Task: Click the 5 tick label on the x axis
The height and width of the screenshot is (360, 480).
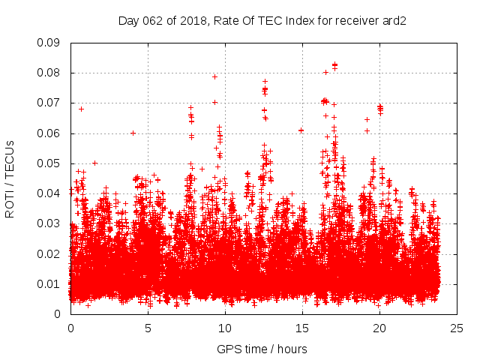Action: pyautogui.click(x=148, y=328)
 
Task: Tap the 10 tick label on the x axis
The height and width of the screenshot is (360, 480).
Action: pyautogui.click(x=225, y=328)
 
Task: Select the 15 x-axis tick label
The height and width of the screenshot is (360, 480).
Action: pyautogui.click(x=302, y=328)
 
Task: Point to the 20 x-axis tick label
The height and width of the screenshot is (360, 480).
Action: pyautogui.click(x=379, y=328)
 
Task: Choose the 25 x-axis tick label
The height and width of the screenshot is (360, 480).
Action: pyautogui.click(x=457, y=328)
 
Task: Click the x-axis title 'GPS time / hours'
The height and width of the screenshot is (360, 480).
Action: pyautogui.click(x=262, y=349)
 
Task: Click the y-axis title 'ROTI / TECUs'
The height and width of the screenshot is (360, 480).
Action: pyautogui.click(x=10, y=178)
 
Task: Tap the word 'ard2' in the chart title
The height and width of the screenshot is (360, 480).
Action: pyautogui.click(x=394, y=21)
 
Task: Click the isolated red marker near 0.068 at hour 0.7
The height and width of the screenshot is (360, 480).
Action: pyautogui.click(x=81, y=109)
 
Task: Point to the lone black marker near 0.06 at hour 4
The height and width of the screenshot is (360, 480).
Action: pyautogui.click(x=133, y=133)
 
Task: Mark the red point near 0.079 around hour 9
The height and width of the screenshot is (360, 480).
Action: pyautogui.click(x=214, y=76)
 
